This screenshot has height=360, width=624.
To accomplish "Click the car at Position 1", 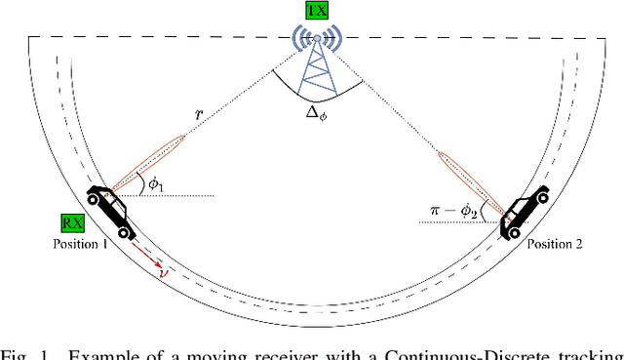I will tap(110, 211).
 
